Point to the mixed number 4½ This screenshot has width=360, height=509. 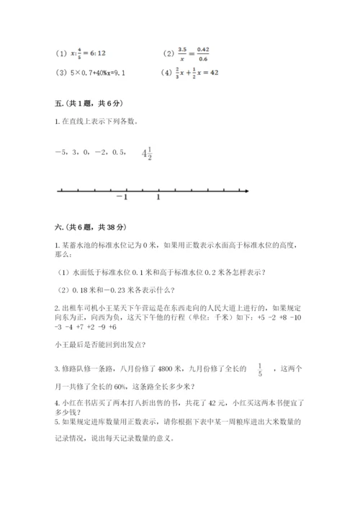pos(146,153)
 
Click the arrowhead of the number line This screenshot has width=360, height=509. pos(246,191)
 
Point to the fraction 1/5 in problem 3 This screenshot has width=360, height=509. pos(260,369)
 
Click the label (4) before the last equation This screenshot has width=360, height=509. pos(168,73)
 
